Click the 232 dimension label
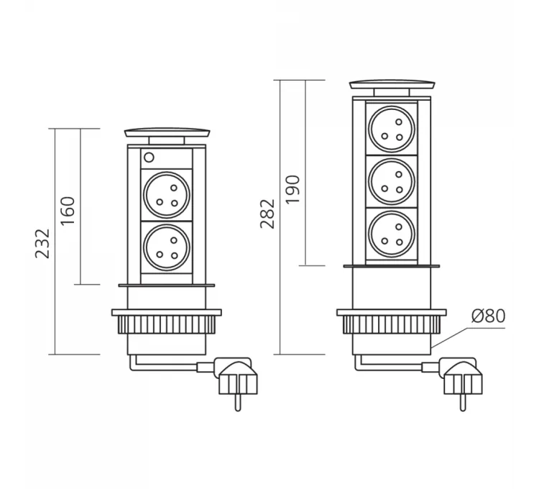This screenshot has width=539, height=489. point(42,243)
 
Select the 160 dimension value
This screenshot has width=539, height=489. point(68,210)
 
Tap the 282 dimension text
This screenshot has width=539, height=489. point(267,214)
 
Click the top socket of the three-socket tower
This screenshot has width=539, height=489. point(390,129)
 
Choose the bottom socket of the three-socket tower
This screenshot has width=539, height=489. point(390,234)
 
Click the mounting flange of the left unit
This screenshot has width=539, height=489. point(167,312)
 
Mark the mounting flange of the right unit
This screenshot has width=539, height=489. point(392,313)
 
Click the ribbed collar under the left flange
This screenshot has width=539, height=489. point(167,325)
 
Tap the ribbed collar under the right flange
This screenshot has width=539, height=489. point(392,326)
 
